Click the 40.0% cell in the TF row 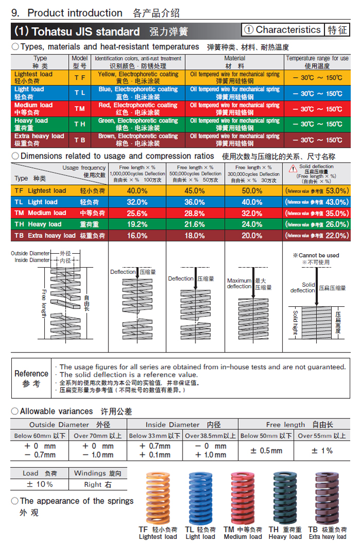tap(137, 190)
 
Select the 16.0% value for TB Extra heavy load tap(137, 235)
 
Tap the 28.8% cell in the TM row tap(195, 213)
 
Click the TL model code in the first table tap(80, 93)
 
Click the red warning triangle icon tap(293, 168)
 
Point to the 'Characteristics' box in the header tap(283, 30)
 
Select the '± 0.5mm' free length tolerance tap(266, 450)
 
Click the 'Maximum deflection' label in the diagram tap(239, 284)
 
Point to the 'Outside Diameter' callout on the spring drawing tap(30, 253)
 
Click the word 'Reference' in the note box tap(31, 374)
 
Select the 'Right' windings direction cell tap(97, 484)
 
